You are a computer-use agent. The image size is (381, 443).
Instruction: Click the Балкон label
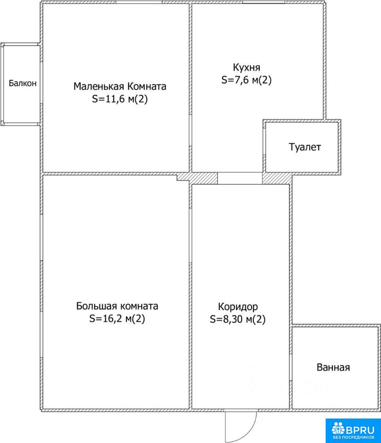click(x=23, y=84)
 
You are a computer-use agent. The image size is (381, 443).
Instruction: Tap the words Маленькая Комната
click(x=120, y=86)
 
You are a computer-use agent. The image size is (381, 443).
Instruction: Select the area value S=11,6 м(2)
click(x=120, y=99)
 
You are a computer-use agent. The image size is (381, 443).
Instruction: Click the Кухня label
click(x=247, y=67)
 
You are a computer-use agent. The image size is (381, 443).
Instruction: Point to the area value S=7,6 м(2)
click(x=247, y=80)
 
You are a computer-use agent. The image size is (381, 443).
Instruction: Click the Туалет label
click(x=305, y=147)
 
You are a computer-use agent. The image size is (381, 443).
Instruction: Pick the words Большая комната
click(x=117, y=306)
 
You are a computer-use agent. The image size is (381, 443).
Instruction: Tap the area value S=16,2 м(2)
click(x=117, y=319)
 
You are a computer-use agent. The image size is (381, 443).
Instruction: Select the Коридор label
click(x=238, y=306)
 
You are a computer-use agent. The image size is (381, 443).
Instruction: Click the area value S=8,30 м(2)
click(x=238, y=319)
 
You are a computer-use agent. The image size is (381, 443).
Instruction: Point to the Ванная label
click(x=333, y=367)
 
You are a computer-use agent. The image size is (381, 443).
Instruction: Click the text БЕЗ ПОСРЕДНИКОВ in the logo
click(x=353, y=437)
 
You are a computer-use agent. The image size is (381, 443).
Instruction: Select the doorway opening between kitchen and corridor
click(x=240, y=178)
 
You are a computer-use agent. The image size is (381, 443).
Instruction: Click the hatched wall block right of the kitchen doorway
click(x=277, y=179)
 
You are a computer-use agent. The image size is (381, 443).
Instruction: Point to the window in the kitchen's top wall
click(x=263, y=2)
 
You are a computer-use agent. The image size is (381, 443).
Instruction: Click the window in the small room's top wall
click(x=139, y=2)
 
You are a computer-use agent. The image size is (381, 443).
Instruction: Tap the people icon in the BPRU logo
click(x=339, y=428)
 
